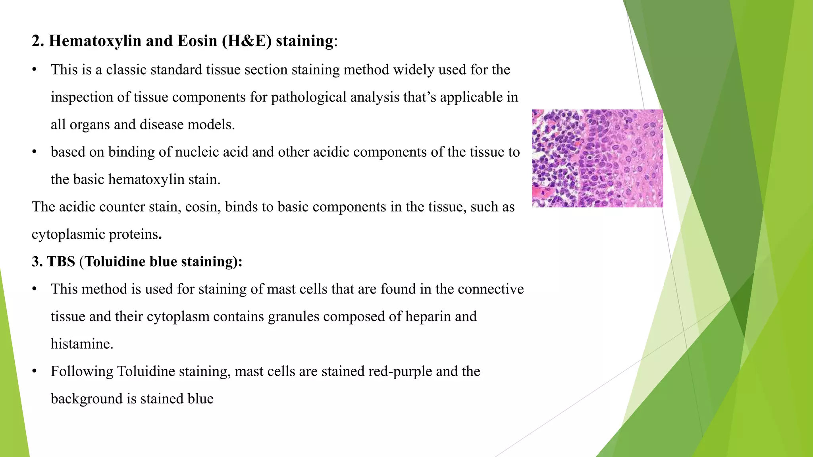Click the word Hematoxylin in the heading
[x=95, y=41]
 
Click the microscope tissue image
[x=597, y=158]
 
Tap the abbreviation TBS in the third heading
[x=61, y=262]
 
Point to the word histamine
[x=82, y=344]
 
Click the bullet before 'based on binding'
[x=35, y=152]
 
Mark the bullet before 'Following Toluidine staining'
[x=35, y=372]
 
